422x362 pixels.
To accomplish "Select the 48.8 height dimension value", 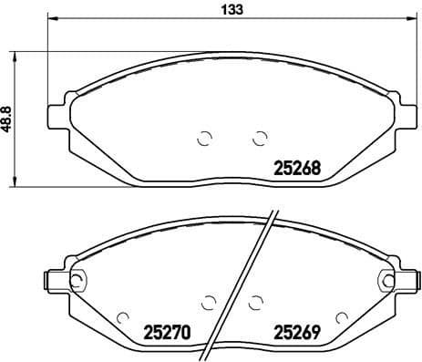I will click(7, 118).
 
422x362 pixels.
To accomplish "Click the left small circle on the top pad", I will click(204, 139).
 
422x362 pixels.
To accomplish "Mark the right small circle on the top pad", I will click(259, 139).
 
